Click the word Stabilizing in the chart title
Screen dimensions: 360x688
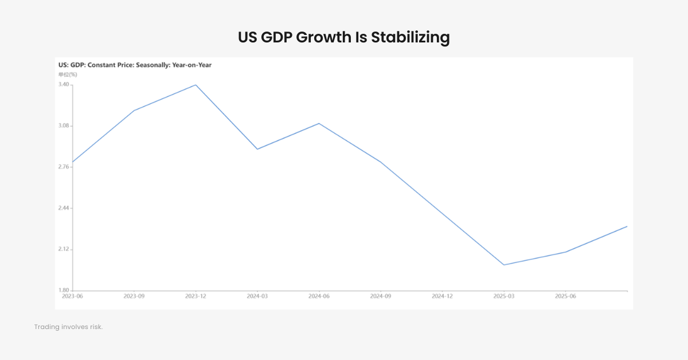(x=410, y=38)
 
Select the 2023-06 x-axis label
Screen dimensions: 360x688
(x=72, y=296)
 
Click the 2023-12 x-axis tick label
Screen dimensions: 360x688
(x=196, y=296)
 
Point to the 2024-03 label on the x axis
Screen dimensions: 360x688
(x=257, y=296)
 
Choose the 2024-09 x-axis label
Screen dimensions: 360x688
(x=381, y=296)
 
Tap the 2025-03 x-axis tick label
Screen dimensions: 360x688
(x=504, y=296)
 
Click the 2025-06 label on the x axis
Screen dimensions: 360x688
(x=566, y=296)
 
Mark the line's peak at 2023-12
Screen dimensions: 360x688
(x=196, y=85)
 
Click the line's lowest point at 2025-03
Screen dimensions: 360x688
(x=504, y=265)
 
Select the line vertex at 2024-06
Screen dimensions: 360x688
(x=319, y=123)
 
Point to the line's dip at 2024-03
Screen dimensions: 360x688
(x=257, y=149)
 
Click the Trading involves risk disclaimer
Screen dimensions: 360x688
(x=68, y=327)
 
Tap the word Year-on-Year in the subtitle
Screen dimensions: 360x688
(x=191, y=65)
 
